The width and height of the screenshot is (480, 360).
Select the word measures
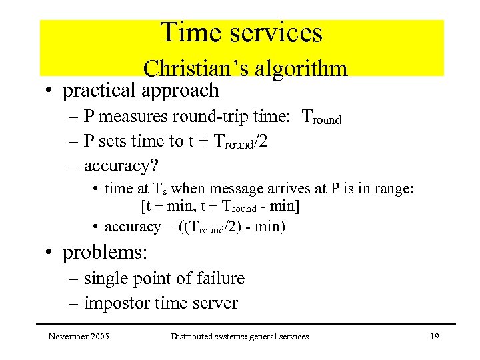pyautogui.click(x=138, y=117)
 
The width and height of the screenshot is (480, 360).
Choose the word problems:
pyautogui.click(x=105, y=253)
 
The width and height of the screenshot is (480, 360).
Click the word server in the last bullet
pyautogui.click(x=215, y=303)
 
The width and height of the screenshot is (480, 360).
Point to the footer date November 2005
pyautogui.click(x=79, y=337)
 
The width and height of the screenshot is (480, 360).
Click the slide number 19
pyautogui.click(x=434, y=337)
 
